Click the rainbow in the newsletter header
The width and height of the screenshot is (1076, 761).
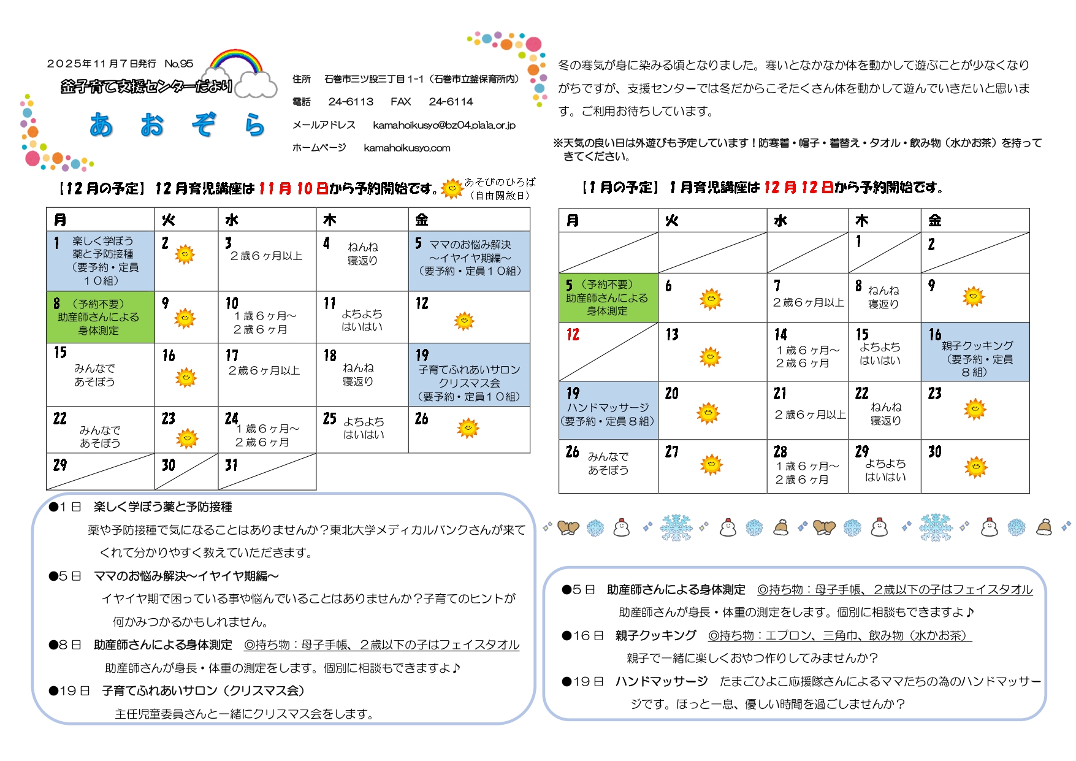pyautogui.click(x=236, y=61)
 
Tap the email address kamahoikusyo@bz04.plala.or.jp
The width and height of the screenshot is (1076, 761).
pyautogui.click(x=444, y=125)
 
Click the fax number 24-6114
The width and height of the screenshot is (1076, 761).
pyautogui.click(x=451, y=102)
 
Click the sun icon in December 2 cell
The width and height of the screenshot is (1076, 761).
pyautogui.click(x=185, y=254)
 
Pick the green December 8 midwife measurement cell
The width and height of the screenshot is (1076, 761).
pyautogui.click(x=100, y=317)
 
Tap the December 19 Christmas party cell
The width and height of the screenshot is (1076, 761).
pyautogui.click(x=469, y=375)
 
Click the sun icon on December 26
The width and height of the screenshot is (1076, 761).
pyautogui.click(x=468, y=428)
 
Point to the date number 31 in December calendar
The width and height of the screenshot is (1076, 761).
pyautogui.click(x=231, y=465)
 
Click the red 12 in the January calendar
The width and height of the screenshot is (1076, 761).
pyautogui.click(x=573, y=335)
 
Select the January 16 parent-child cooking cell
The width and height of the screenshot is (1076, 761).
pyautogui.click(x=975, y=352)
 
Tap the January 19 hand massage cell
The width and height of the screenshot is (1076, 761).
pyautogui.click(x=608, y=410)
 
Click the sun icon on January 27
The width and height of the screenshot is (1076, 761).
pyautogui.click(x=711, y=465)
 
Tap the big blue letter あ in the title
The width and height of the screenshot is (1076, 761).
pyautogui.click(x=102, y=125)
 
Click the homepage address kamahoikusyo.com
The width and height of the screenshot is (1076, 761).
pyautogui.click(x=406, y=148)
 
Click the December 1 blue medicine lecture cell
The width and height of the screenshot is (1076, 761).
pyautogui.click(x=100, y=261)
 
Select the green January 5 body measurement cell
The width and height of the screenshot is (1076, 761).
pyautogui.click(x=608, y=298)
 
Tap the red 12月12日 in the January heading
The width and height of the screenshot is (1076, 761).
pyautogui.click(x=798, y=188)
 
